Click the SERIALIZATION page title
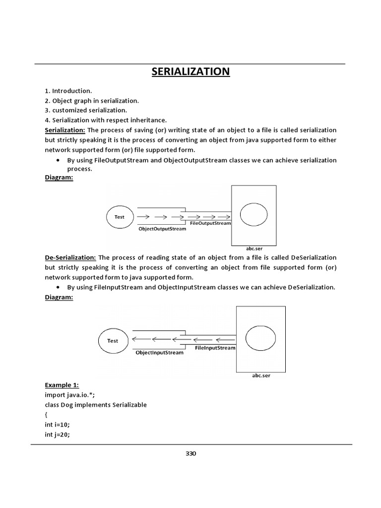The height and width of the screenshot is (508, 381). [190, 71]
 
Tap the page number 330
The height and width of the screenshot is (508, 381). [190, 453]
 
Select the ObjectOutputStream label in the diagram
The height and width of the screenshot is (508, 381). [162, 229]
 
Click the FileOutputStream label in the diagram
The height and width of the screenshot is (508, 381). [210, 223]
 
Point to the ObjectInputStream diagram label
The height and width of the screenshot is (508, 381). [159, 353]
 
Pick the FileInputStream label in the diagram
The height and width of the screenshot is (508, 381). [215, 348]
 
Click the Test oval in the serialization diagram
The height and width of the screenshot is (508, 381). [120, 217]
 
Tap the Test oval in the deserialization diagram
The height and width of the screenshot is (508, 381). [113, 341]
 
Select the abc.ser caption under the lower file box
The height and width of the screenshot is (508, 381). [261, 376]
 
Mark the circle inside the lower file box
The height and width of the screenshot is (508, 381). [261, 339]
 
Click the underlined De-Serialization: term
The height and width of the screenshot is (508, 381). [70, 257]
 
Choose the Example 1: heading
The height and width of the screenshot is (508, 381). [62, 385]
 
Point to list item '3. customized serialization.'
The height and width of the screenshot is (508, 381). [86, 110]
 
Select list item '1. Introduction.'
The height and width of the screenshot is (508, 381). [68, 91]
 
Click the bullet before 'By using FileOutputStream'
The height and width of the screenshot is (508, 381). [59, 161]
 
